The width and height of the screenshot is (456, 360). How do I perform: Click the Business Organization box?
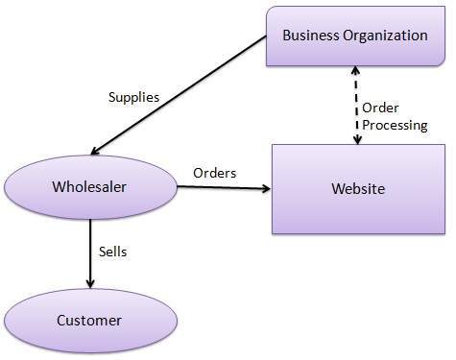click(354, 36)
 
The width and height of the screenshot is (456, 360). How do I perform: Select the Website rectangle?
click(358, 188)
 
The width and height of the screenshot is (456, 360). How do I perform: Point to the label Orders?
click(215, 173)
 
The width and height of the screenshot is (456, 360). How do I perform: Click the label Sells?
click(113, 252)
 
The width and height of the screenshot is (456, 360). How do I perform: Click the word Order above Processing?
click(381, 108)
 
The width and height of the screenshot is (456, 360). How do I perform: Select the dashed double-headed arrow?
click(357, 106)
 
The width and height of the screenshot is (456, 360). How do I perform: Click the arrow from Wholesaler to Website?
click(224, 188)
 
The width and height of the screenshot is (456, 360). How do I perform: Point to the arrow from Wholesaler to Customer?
click(90, 252)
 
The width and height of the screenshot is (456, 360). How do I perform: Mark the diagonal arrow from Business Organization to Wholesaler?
click(178, 96)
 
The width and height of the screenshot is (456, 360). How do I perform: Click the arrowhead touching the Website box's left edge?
click(265, 188)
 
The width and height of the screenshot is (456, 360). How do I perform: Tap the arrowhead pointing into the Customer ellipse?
click(90, 283)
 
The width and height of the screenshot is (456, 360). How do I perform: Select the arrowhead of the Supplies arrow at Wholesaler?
click(96, 150)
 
